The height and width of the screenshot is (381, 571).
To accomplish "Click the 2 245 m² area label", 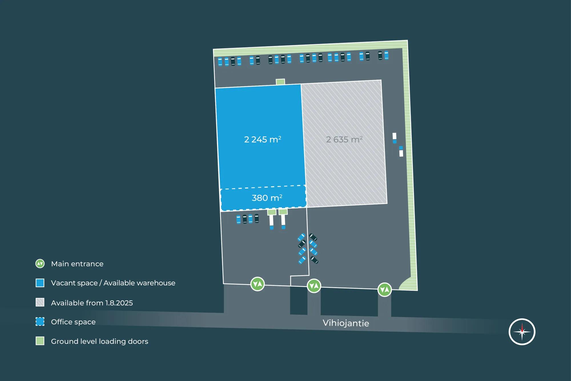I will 262,139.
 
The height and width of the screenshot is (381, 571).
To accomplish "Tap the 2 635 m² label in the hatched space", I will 344,139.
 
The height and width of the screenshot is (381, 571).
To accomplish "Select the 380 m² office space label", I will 267,198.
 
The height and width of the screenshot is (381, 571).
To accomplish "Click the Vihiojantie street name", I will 346,323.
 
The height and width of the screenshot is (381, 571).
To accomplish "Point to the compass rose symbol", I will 522,332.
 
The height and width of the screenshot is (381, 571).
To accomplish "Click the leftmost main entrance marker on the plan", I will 258,284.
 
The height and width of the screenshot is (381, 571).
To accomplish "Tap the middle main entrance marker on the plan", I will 314,286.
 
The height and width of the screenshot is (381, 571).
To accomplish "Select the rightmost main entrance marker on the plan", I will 385,290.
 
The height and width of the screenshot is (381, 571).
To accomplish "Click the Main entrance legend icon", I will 40,264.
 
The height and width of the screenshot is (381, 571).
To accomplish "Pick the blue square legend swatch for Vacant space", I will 40,283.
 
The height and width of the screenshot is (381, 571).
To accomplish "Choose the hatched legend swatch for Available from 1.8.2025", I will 40,302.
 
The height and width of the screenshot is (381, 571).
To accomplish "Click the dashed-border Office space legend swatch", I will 40,322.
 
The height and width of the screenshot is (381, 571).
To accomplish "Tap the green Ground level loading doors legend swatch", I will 40,341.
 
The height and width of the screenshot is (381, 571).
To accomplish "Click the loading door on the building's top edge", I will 280,82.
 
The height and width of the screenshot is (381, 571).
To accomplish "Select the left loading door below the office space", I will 272,212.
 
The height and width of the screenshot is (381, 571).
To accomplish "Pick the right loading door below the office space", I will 283,212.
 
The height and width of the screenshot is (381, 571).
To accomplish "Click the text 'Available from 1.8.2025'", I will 92,303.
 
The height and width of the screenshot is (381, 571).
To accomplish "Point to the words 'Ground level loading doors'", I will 100,341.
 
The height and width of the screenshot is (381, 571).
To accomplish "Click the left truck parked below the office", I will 272,222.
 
